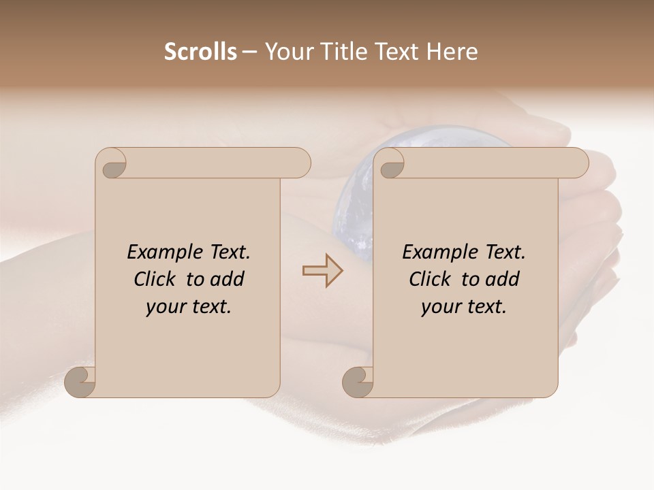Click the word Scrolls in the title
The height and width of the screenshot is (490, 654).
[200, 52]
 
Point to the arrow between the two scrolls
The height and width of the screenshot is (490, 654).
[323, 271]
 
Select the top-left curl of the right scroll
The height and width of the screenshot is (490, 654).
[391, 163]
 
